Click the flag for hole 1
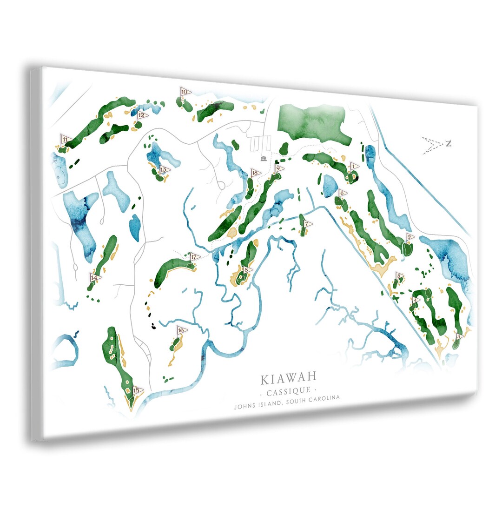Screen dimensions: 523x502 (x=353, y=166)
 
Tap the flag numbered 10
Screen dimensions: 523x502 (x=185, y=92)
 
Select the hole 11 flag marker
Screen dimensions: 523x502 (x=66, y=139)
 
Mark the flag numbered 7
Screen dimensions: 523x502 (x=307, y=224)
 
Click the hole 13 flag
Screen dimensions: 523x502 (x=164, y=170)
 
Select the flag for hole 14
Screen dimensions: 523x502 (x=95, y=278)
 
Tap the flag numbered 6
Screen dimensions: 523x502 (x=342, y=193)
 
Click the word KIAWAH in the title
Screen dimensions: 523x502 (x=288, y=378)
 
